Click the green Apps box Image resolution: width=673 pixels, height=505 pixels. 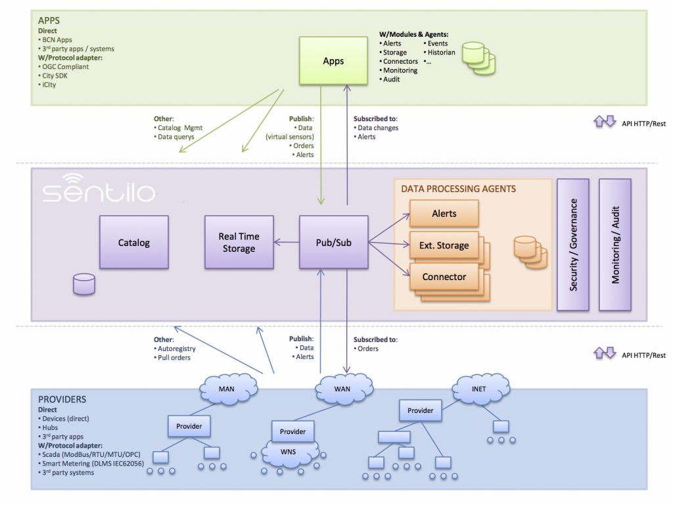[x=333, y=60]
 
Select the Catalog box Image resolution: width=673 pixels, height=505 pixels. [x=134, y=242]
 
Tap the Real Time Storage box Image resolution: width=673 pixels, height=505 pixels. [x=239, y=242]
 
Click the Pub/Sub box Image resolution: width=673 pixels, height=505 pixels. [x=333, y=242]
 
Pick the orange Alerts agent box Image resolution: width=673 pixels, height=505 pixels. [x=444, y=214]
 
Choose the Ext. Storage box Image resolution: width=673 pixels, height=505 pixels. [x=444, y=245]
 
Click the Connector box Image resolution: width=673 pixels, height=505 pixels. [x=444, y=277]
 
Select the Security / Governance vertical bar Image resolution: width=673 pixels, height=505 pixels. [x=573, y=245]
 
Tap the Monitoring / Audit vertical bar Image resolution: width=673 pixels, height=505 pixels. [x=615, y=245]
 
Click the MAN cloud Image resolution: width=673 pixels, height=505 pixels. [x=227, y=389]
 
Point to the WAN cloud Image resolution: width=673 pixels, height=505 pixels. [x=343, y=389]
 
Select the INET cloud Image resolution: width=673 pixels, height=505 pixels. [x=480, y=389]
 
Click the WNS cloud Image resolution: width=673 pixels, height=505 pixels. [x=289, y=453]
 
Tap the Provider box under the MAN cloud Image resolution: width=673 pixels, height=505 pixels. [x=189, y=426]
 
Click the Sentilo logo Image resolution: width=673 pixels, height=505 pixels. [x=99, y=188]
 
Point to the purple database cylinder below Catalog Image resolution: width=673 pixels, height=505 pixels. [x=84, y=284]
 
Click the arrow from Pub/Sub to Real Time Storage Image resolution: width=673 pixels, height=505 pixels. [x=287, y=242]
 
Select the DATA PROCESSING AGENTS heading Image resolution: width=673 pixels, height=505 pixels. [x=458, y=189]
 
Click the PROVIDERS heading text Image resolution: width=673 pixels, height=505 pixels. [x=62, y=399]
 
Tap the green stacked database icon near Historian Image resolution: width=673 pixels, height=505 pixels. [x=478, y=59]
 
